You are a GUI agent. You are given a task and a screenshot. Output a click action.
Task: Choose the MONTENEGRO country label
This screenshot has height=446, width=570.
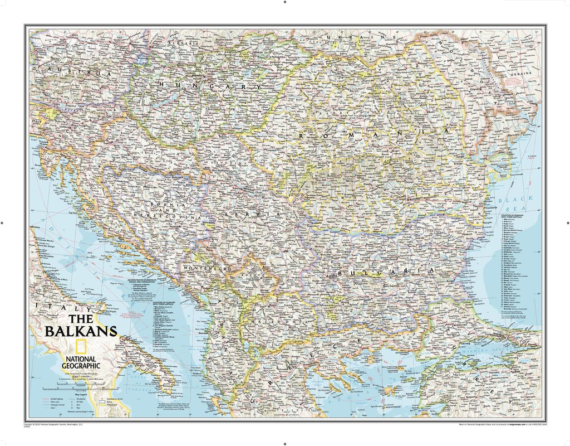tap(205, 268)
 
